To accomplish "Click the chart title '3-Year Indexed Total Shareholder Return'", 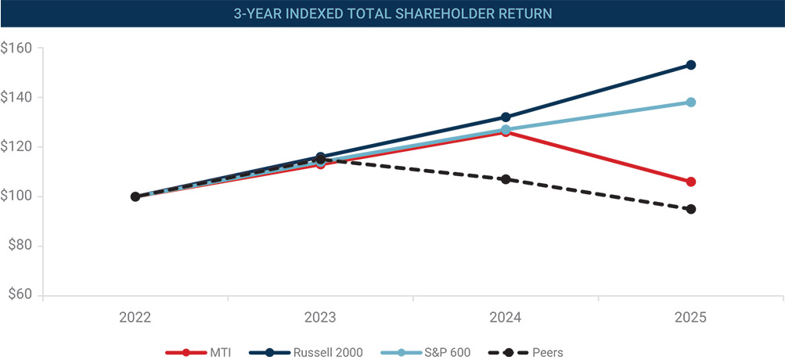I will click(392, 13).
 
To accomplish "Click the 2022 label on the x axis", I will click(135, 318).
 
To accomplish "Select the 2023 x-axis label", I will click(320, 318).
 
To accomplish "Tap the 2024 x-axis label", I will click(506, 318).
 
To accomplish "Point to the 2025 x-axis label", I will click(690, 318).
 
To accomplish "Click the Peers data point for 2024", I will click(506, 179).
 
